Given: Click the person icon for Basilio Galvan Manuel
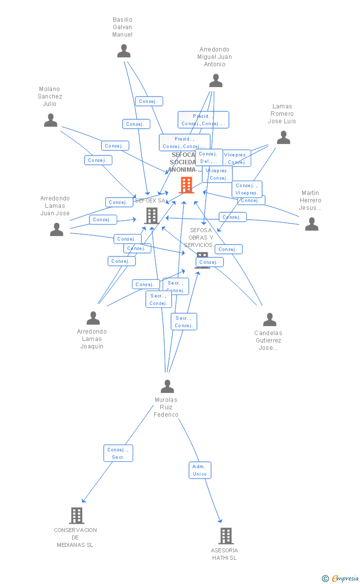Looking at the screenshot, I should point(124,51).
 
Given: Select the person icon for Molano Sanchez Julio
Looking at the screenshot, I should point(50,120).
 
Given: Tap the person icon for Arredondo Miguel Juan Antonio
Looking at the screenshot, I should point(216,80).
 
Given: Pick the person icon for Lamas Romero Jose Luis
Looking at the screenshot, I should point(283,138).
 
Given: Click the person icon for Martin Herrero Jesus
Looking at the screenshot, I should point(312,224).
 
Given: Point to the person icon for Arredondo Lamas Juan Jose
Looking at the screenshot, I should point(57,229).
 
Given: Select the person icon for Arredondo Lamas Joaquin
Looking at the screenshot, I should point(93,318).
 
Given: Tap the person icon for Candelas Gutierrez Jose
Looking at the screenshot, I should point(270,320).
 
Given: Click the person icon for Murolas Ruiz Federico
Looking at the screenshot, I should point(168,386).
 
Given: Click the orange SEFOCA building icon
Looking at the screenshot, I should point(186,185).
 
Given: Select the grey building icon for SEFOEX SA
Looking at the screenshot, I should point(151,216).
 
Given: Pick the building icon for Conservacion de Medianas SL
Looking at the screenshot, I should point(76,516).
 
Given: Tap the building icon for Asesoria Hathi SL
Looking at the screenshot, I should point(225,536).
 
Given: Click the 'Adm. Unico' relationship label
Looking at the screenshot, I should point(200,470).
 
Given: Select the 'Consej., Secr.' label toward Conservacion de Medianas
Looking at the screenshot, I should point(118,453).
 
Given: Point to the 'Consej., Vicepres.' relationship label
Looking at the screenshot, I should point(247,189).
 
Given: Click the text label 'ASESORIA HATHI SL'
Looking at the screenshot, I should point(225,554).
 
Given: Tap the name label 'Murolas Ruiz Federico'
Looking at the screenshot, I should point(166,407).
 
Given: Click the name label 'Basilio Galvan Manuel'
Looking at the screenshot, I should point(123,27).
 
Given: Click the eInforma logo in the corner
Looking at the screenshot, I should point(344,578).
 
